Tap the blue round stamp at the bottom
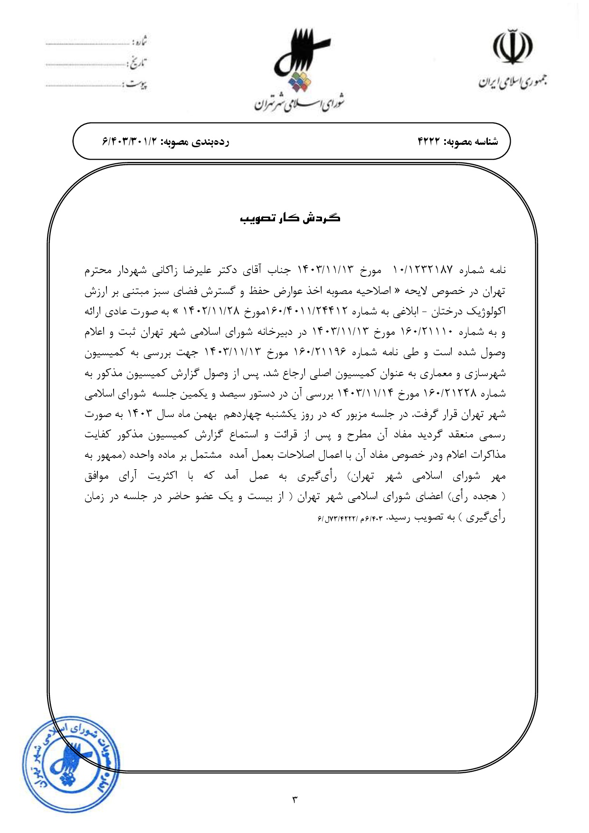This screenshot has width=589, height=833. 70,757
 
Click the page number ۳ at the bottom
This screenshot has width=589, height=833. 294,799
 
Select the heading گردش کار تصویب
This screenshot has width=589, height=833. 290,218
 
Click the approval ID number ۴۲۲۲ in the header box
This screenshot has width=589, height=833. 429,142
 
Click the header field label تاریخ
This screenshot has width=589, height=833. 137,63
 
